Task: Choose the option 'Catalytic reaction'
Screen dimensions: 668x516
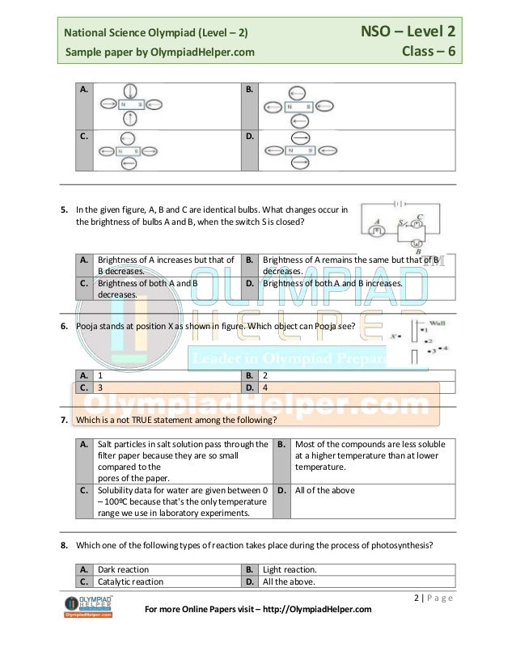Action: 129,581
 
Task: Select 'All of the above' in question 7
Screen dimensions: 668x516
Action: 324,490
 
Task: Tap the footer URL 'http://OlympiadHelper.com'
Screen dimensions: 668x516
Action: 311,609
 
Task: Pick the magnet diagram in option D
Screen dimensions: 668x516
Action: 300,150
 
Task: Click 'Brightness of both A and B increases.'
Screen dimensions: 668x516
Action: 332,284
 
